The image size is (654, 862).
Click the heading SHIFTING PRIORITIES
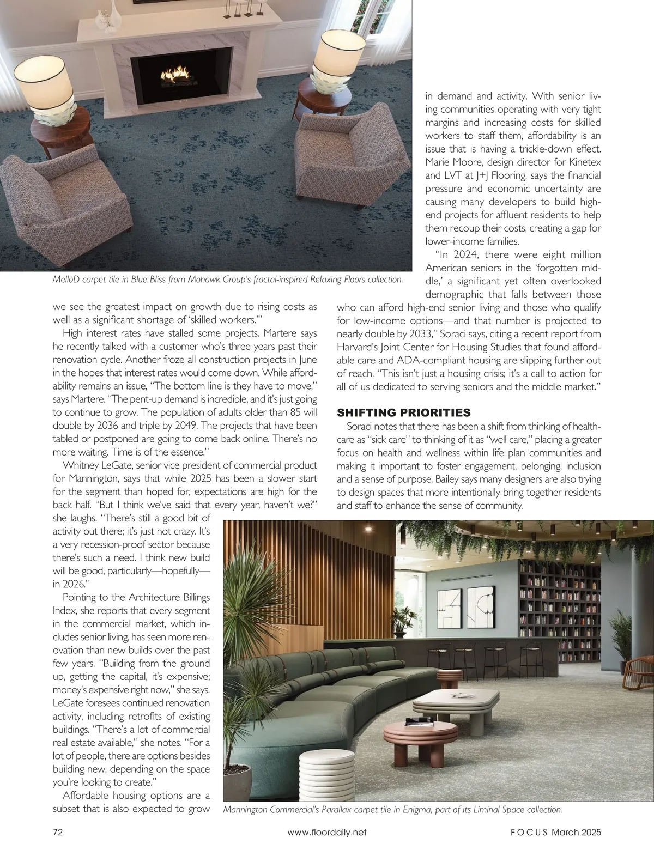(404, 412)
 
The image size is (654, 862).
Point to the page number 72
(58, 832)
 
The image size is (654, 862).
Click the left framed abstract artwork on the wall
(446, 605)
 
